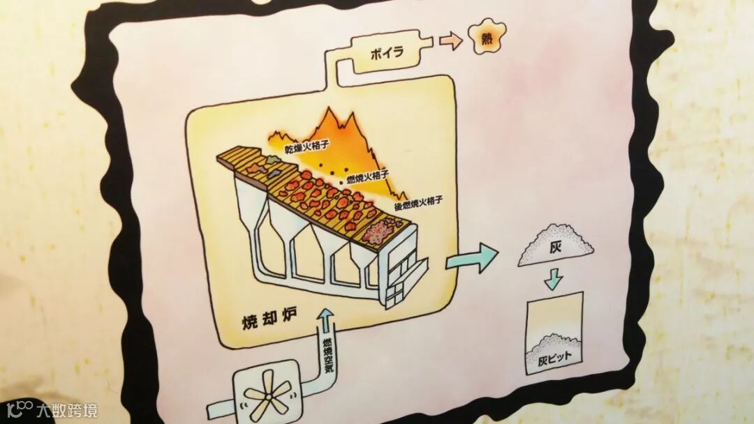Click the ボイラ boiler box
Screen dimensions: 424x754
pyautogui.click(x=385, y=54)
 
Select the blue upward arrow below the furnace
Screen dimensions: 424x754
pyautogui.click(x=326, y=321)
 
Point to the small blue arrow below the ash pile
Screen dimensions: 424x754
pyautogui.click(x=554, y=280)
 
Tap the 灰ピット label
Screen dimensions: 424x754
pyautogui.click(x=554, y=363)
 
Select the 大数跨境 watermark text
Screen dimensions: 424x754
pyautogui.click(x=68, y=410)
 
